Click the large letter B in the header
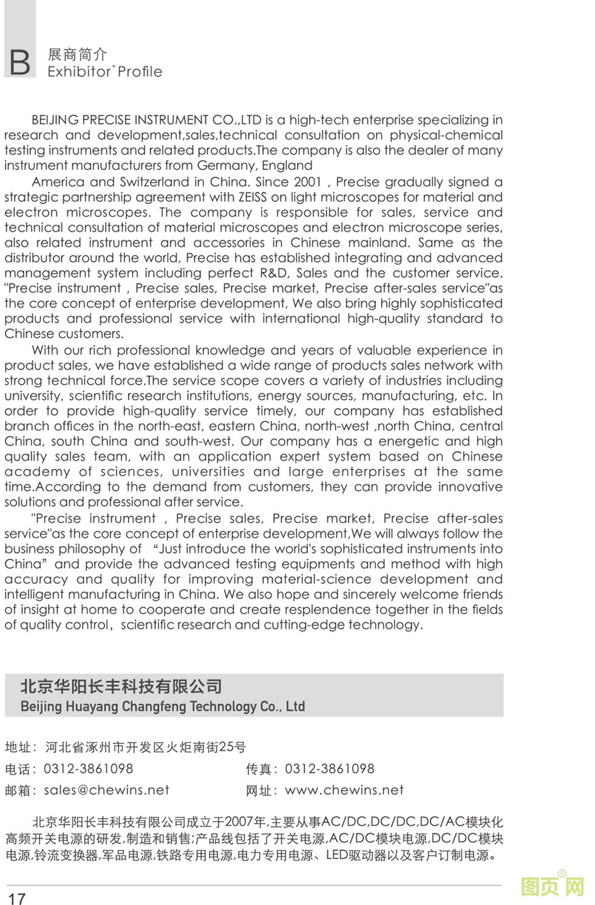19,62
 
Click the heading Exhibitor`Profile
105,72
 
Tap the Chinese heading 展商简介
77,54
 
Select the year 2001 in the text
307,182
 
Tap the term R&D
274,273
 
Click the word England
287,166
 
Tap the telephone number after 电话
88,768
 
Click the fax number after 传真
330,768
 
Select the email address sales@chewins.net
106,790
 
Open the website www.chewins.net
344,790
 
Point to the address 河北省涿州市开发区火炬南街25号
146,747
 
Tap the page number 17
16,898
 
